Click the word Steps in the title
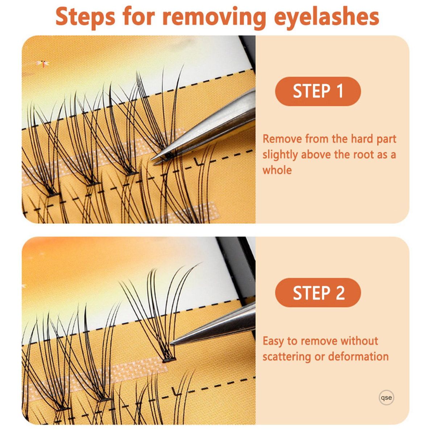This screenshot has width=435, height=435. (x=85, y=18)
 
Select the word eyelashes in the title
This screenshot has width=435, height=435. (x=326, y=18)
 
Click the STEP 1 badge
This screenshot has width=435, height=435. (x=318, y=91)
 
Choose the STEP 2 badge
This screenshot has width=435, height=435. (x=318, y=293)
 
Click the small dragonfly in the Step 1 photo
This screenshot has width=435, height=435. (x=42, y=64)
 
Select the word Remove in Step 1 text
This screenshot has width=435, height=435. (x=282, y=139)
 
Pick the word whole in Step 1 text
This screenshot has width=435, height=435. (x=277, y=170)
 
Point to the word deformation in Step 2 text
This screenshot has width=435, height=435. (x=358, y=356)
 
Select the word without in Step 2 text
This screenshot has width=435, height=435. (x=359, y=340)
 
